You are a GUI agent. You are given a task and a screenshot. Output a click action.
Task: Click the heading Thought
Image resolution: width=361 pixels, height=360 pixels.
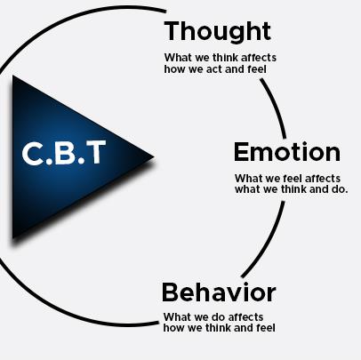pyautogui.click(x=218, y=32)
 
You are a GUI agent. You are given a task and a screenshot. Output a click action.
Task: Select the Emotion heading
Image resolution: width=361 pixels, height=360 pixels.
pyautogui.click(x=287, y=152)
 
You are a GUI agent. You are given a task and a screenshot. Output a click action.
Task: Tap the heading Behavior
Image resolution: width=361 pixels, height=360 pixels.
pyautogui.click(x=219, y=292)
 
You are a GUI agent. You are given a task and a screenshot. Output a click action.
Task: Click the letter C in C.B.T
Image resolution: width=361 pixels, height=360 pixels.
pyautogui.click(x=33, y=153)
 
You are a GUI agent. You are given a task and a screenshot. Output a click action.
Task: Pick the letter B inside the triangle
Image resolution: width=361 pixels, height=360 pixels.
pyautogui.click(x=66, y=153)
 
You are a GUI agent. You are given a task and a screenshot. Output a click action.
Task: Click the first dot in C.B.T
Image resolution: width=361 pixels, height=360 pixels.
pyautogui.click(x=50, y=162)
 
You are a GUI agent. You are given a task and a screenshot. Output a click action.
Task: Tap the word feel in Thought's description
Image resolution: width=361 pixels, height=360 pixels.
pyautogui.click(x=256, y=69)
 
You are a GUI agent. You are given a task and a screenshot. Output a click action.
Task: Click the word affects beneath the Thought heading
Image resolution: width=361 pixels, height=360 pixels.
pyautogui.click(x=259, y=58)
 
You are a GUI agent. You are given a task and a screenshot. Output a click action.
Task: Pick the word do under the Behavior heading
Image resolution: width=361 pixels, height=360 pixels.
pyautogui.click(x=215, y=317)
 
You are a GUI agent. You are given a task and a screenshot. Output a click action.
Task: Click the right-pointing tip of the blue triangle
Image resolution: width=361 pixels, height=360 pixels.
pyautogui.click(x=154, y=156)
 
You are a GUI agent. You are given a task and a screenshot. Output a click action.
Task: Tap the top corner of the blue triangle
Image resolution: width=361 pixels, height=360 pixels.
pyautogui.click(x=12, y=76)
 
